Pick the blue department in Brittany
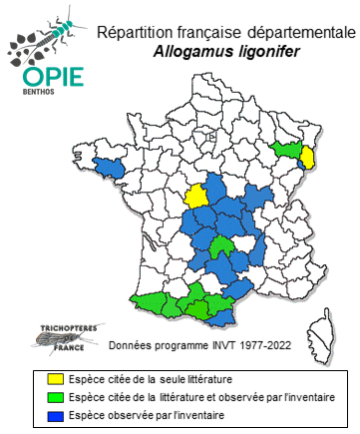click(107, 168)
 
